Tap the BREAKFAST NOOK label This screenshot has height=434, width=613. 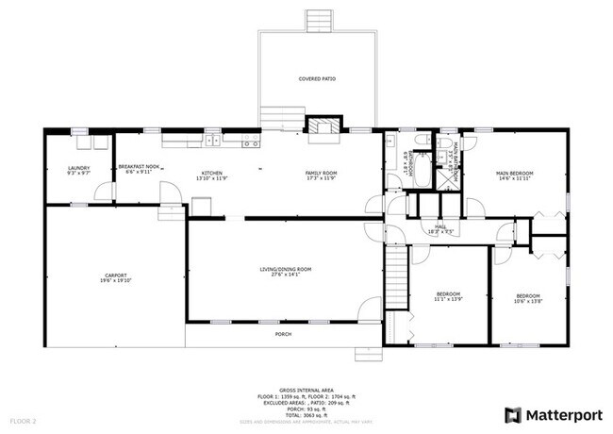click(139, 171)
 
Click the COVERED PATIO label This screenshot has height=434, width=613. click(318, 80)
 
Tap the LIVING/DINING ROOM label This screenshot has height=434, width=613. click(285, 272)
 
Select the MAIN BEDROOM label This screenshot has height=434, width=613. click(515, 175)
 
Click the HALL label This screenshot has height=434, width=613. click(440, 228)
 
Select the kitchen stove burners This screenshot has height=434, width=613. click(251, 142)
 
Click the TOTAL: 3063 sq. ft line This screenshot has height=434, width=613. click(307, 414)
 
